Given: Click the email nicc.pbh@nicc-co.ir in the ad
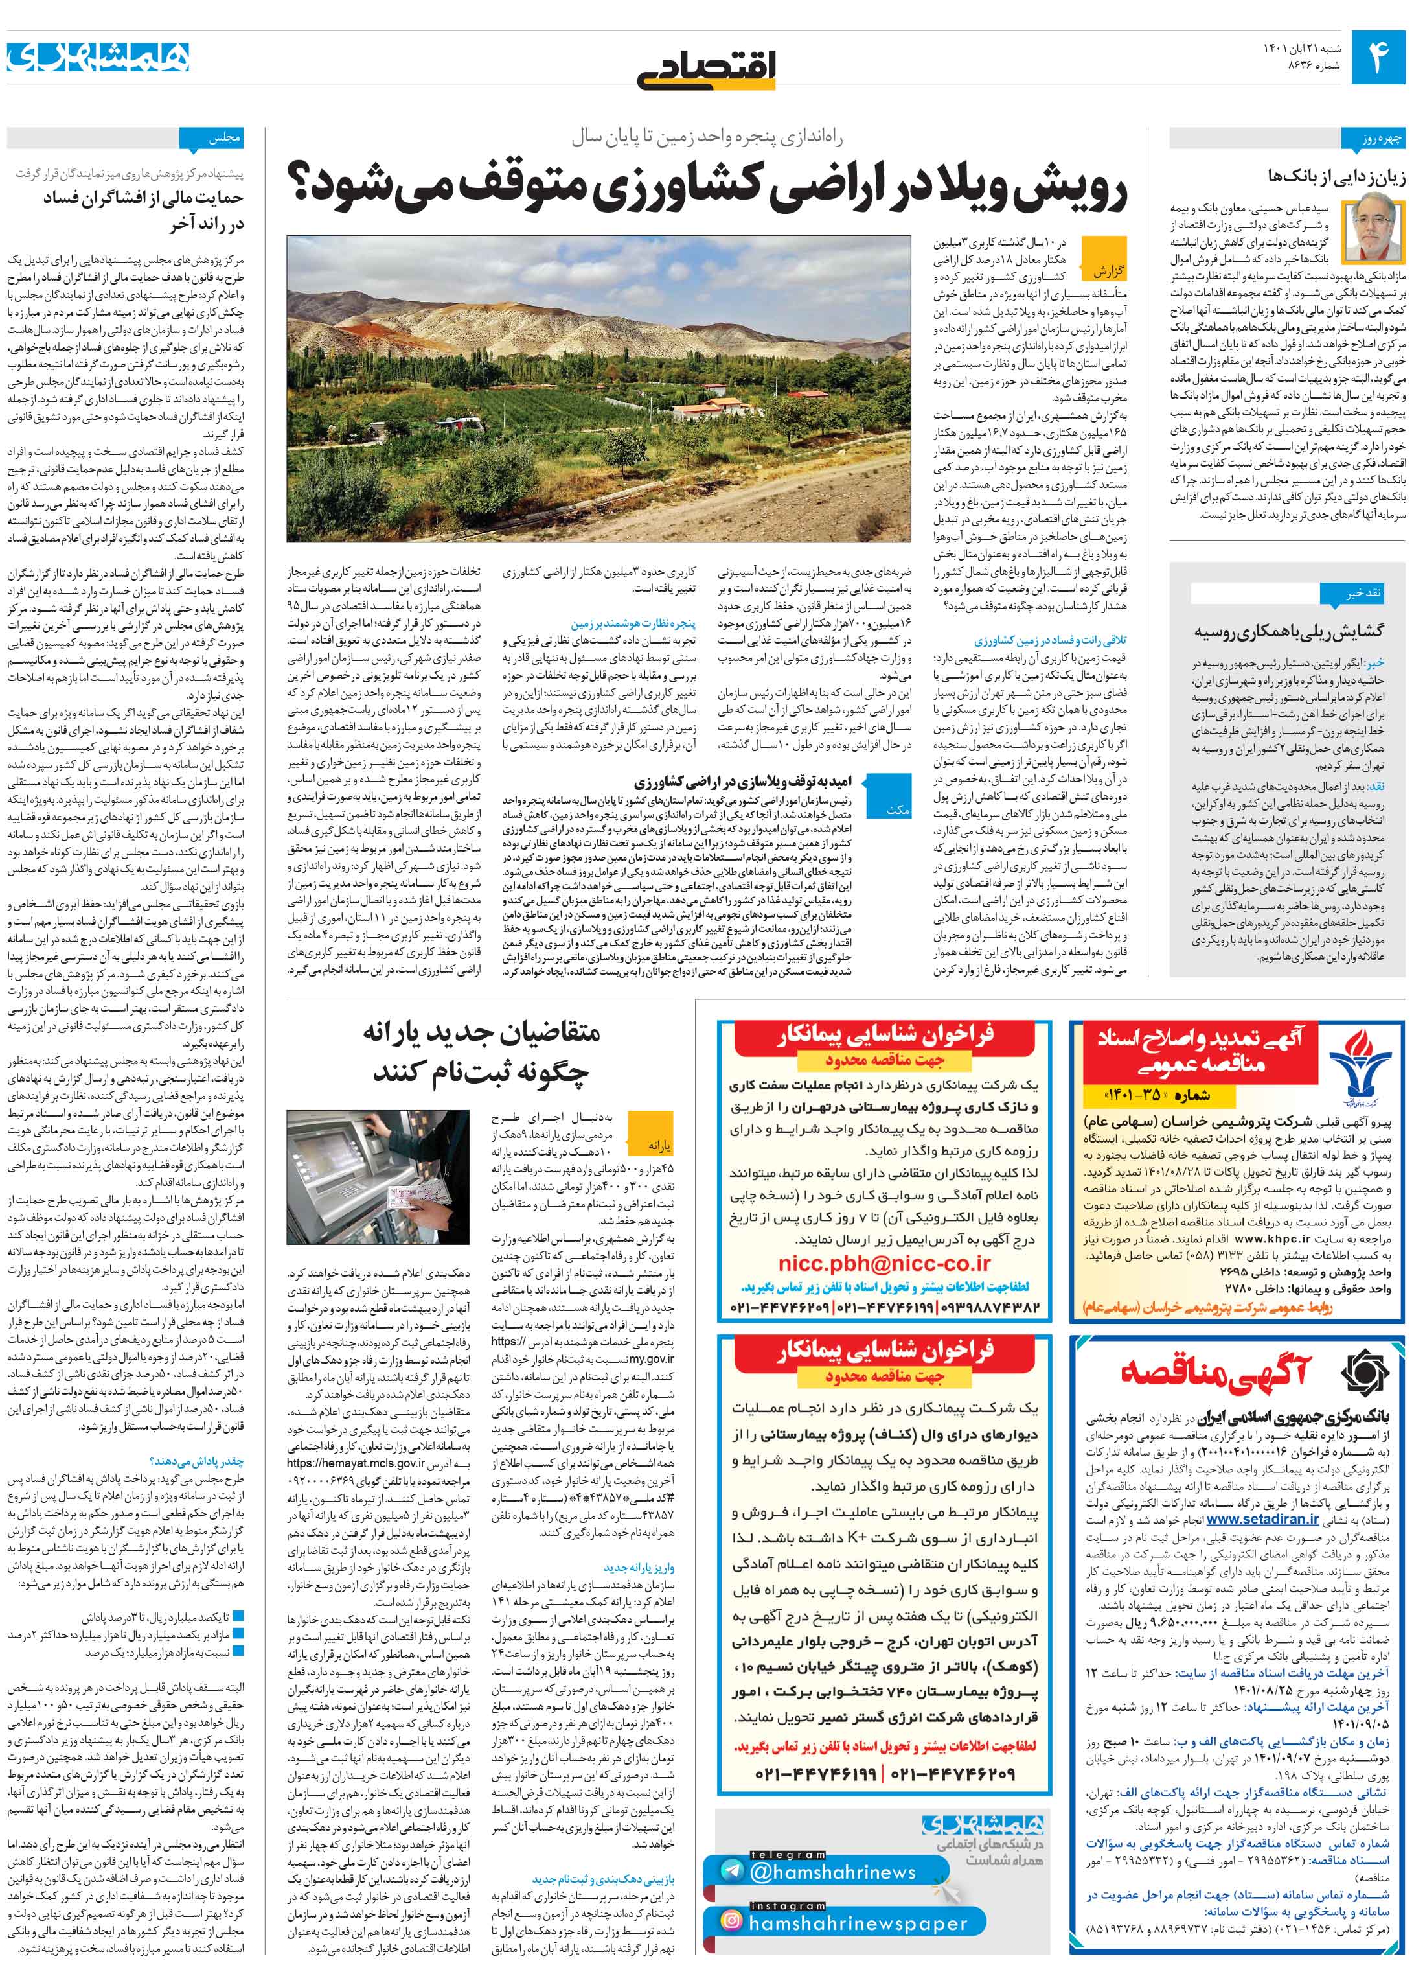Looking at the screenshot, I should tap(884, 1264).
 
